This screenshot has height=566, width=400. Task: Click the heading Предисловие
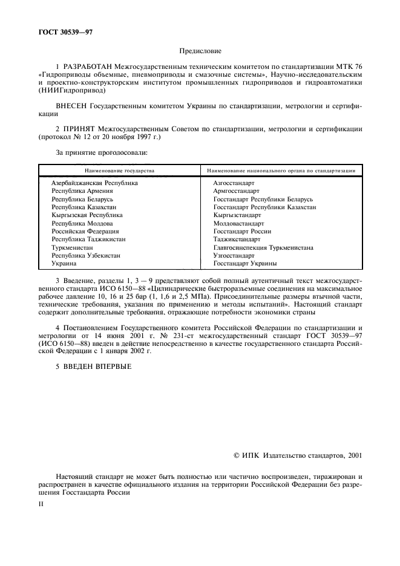coord(200,52)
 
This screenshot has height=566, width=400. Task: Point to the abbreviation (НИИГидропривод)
coord(71,90)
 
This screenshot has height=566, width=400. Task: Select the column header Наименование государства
coord(119,171)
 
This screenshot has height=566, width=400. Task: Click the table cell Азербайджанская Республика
coord(94,183)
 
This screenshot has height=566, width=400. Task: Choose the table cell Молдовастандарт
coord(238,223)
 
